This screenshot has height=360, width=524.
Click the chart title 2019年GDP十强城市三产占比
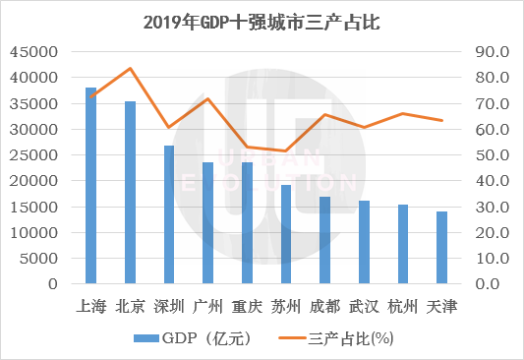[x=262, y=21]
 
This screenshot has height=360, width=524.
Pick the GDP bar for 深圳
[x=169, y=214]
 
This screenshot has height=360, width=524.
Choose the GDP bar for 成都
[x=325, y=240]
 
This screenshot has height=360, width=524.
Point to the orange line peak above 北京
[x=130, y=68]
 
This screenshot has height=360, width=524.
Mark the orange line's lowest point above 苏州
[x=286, y=150]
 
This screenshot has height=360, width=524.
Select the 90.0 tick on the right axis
[x=492, y=51]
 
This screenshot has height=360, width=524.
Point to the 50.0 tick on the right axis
[x=492, y=154]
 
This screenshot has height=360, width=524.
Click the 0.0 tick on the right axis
[x=492, y=284]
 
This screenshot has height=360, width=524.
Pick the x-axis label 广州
[x=208, y=306]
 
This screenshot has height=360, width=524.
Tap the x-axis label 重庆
[x=247, y=306]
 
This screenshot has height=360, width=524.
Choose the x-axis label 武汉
[x=364, y=306]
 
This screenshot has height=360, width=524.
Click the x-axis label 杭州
[x=403, y=306]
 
